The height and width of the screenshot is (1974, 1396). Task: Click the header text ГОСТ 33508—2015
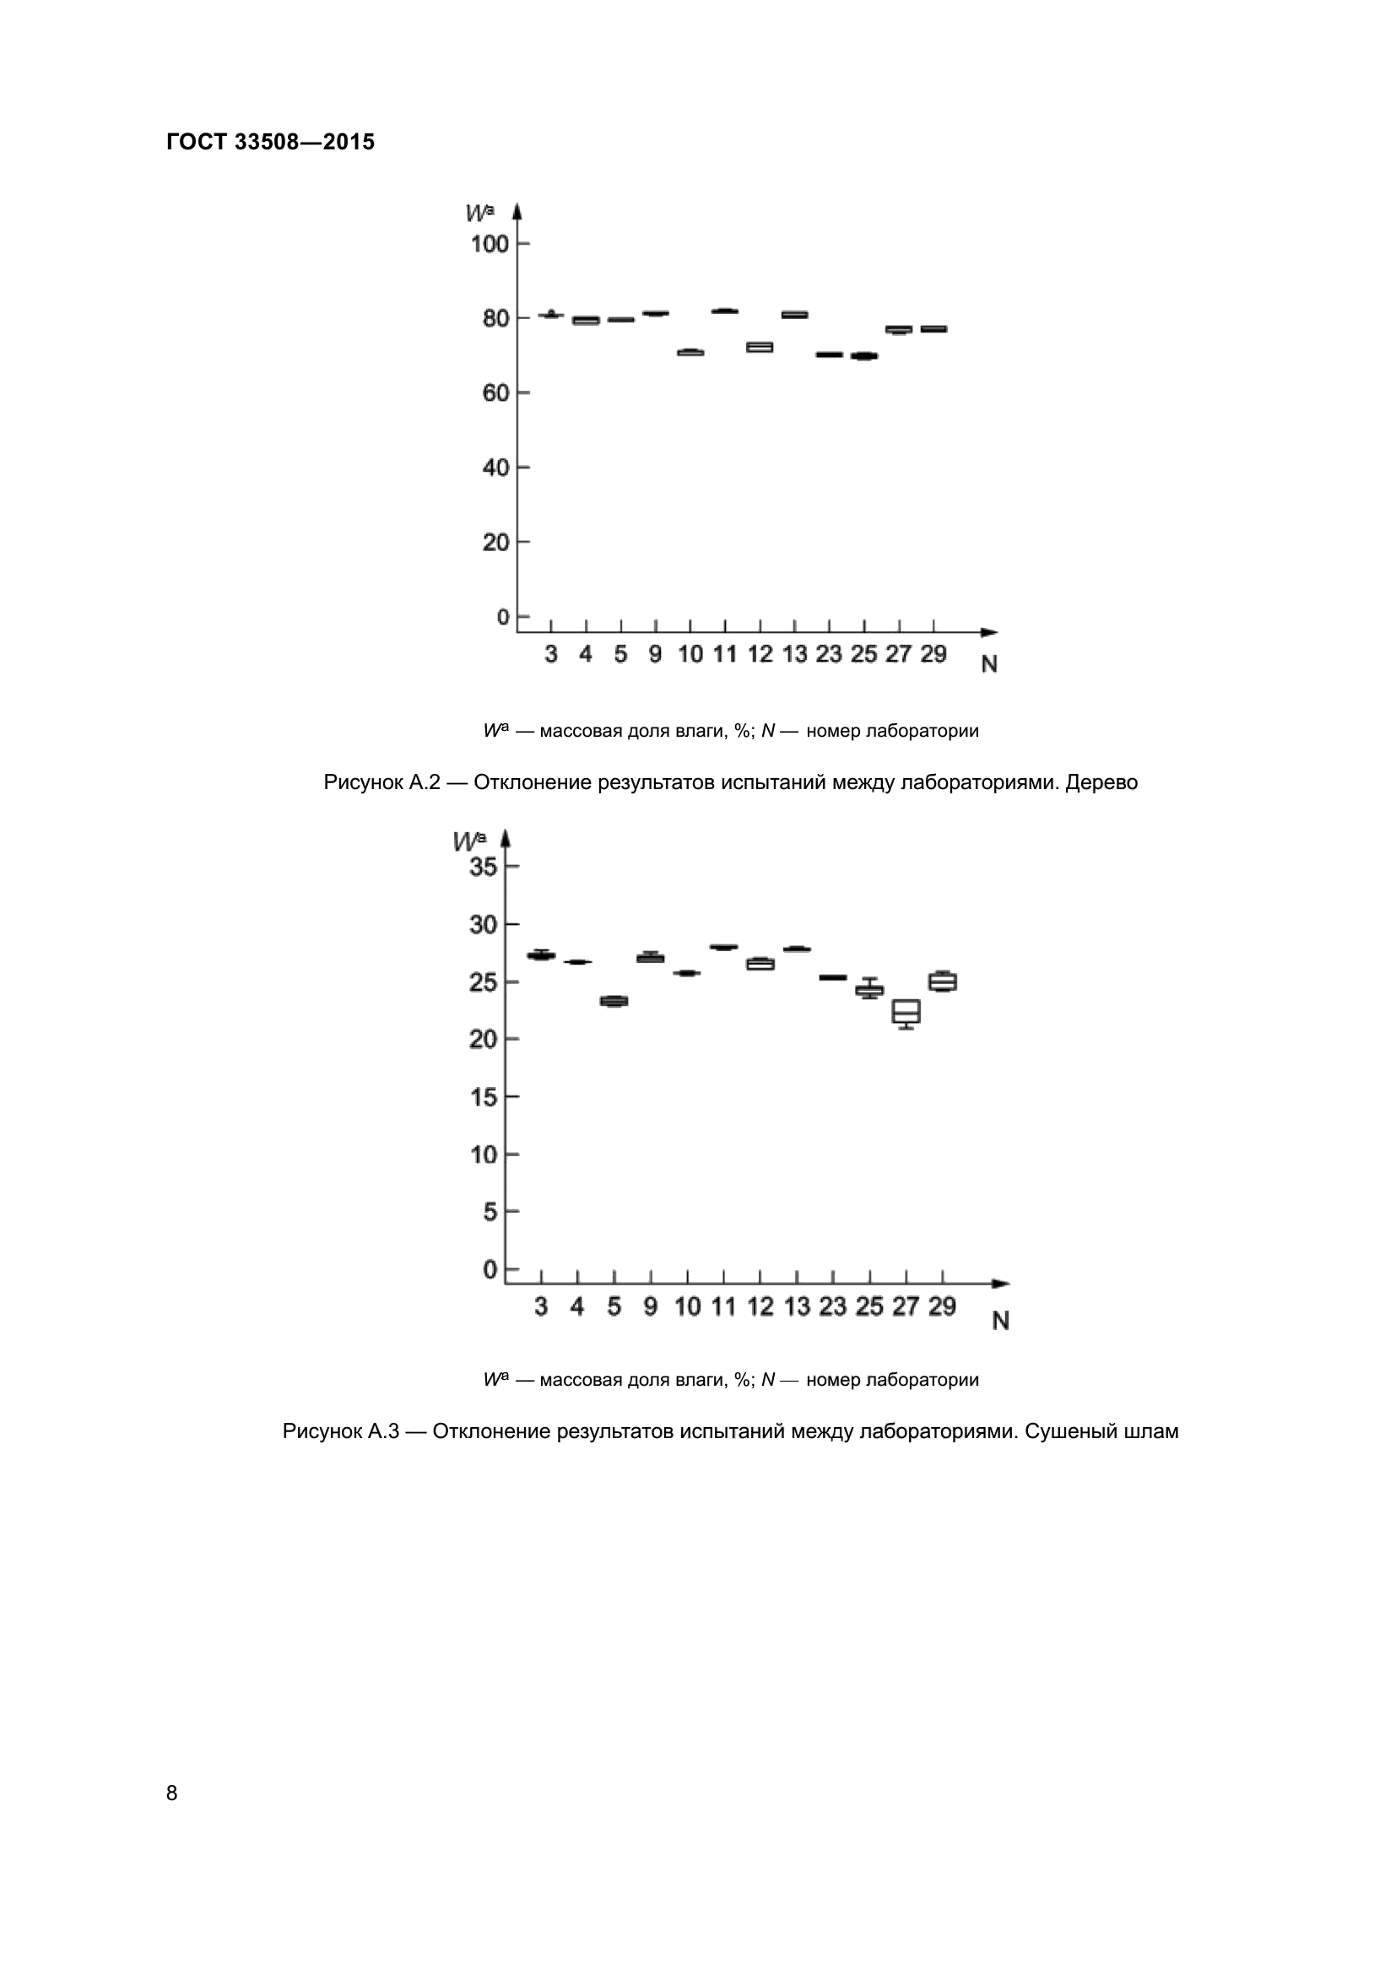[x=270, y=142]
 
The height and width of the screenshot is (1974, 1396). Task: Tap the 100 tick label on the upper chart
[x=490, y=244]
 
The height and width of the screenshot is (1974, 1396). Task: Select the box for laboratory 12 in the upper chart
[x=759, y=348]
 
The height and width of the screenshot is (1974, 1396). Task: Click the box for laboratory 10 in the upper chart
[x=690, y=353]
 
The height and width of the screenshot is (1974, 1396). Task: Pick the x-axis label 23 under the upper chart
[x=829, y=654]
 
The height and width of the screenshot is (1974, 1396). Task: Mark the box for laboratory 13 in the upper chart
[x=794, y=315]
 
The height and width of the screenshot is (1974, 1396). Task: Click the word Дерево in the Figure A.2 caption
[x=1101, y=782]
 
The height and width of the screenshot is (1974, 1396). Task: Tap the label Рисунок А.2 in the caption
[x=381, y=782]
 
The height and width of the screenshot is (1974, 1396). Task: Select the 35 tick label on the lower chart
[x=483, y=867]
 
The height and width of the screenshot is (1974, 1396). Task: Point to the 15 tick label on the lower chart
[x=483, y=1097]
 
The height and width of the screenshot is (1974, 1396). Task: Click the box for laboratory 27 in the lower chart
[x=906, y=1012]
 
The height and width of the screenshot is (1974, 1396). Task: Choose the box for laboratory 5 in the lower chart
[x=614, y=1001]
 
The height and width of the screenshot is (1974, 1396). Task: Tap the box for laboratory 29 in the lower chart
[x=943, y=982]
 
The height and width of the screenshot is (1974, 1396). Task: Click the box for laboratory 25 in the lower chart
[x=870, y=990]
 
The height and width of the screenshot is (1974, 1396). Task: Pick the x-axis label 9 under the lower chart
[x=650, y=1306]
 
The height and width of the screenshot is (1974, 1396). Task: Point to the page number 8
[x=172, y=1793]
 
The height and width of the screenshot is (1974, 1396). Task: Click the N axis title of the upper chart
[x=989, y=664]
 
